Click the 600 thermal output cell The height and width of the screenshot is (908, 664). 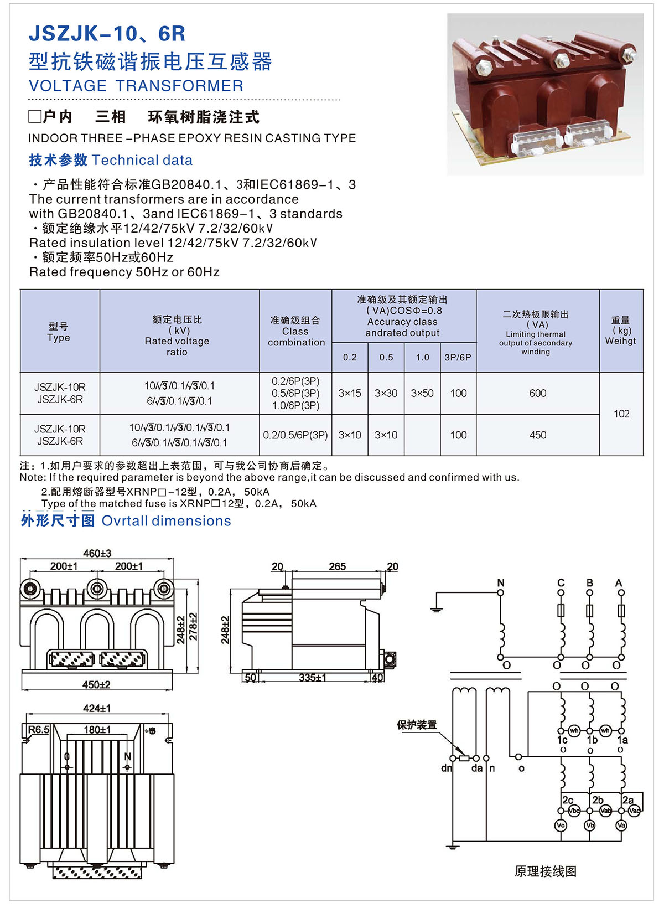point(537,393)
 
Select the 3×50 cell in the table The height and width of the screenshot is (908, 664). point(422,393)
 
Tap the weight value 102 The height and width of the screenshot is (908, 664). point(621,414)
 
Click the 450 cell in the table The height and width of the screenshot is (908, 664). point(537,435)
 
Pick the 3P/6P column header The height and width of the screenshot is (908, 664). point(458,358)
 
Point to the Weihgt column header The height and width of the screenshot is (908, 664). point(620,341)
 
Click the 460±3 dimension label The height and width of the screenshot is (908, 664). point(97,553)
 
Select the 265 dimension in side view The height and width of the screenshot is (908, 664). point(337,566)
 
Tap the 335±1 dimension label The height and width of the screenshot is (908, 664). point(312,678)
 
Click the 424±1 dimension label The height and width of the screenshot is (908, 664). point(97,708)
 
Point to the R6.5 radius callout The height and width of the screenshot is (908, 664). point(38,730)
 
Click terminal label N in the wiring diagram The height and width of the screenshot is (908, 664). point(501,582)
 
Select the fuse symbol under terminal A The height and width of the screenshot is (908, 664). point(621,611)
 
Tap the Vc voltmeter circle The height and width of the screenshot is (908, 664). point(561,826)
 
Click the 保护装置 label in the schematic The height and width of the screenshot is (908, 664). point(417,725)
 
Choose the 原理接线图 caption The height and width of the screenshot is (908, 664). point(545,871)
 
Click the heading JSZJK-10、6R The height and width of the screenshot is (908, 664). point(107,34)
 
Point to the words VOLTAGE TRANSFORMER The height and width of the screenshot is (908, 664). point(136,86)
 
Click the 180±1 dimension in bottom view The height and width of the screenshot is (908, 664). point(97,730)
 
